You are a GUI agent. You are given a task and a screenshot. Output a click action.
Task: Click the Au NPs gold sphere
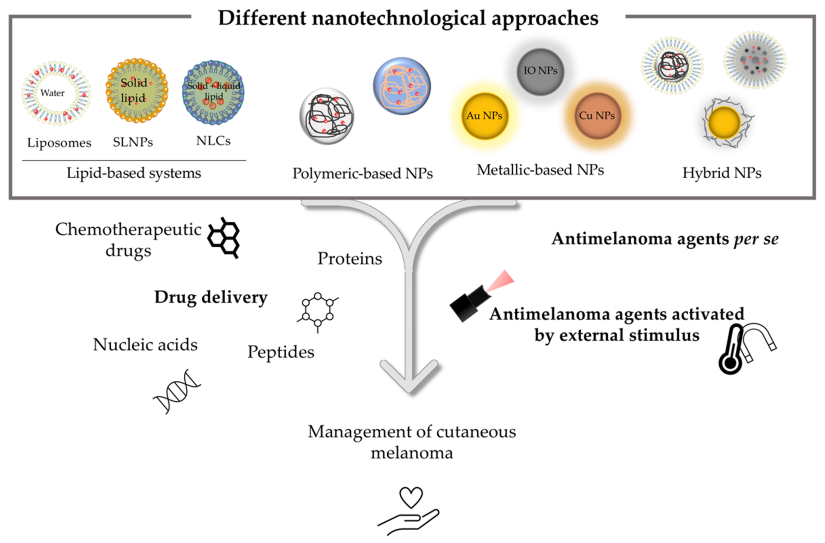pyautogui.click(x=484, y=116)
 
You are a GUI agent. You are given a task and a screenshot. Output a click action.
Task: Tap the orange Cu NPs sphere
pyautogui.click(x=597, y=116)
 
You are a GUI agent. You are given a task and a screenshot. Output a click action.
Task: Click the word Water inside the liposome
pyautogui.click(x=52, y=93)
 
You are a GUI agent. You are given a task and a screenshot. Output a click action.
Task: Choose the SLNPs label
pyautogui.click(x=133, y=142)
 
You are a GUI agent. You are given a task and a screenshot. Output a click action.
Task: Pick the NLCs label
pyautogui.click(x=213, y=140)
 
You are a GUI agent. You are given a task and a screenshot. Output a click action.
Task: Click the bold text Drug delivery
pyautogui.click(x=211, y=297)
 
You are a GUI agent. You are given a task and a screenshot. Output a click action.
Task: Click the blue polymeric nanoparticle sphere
pyautogui.click(x=402, y=86)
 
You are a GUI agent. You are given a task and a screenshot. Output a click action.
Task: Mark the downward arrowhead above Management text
pyautogui.click(x=409, y=378)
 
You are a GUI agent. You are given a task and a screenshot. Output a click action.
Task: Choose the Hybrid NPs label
pyautogui.click(x=722, y=173)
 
